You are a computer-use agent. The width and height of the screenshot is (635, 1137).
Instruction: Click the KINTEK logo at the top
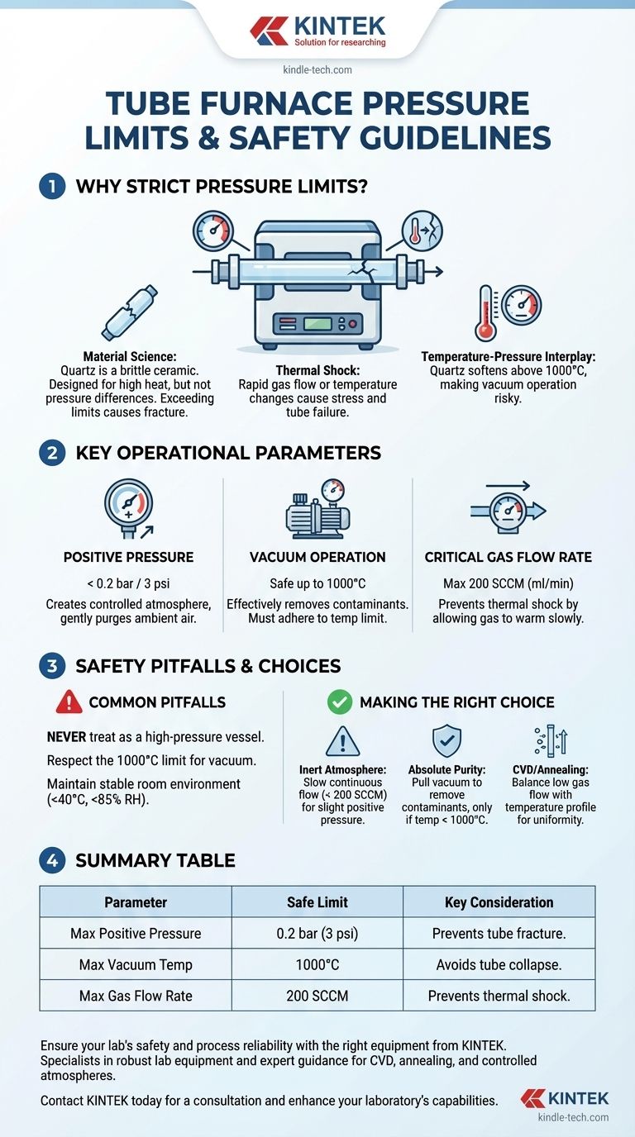(317, 31)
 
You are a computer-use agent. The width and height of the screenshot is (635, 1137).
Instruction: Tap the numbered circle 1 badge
(52, 186)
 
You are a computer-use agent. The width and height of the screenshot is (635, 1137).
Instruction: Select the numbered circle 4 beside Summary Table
(52, 860)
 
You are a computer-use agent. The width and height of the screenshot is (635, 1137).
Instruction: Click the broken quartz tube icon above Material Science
(130, 312)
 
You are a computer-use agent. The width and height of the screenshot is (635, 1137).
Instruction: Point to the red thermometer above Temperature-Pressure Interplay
(485, 312)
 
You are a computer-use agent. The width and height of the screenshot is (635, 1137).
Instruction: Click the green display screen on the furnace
(317, 324)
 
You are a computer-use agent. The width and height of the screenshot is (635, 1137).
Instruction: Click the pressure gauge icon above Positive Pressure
(129, 509)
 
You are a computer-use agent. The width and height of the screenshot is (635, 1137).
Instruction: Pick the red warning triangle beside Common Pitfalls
(69, 702)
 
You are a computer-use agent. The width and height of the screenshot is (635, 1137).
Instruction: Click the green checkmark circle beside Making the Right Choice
(339, 702)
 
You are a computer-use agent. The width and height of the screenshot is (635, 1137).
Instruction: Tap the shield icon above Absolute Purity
(446, 740)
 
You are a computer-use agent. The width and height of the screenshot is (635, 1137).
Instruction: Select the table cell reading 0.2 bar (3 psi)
(317, 934)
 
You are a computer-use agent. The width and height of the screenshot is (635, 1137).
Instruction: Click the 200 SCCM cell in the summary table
(317, 996)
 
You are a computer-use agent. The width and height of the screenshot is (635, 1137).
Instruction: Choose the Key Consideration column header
(499, 902)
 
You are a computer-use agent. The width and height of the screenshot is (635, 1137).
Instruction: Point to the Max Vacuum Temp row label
(136, 964)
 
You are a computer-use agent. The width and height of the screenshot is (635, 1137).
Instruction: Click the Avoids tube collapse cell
(499, 964)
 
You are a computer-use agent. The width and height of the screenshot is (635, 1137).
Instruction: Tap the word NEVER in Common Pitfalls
(66, 737)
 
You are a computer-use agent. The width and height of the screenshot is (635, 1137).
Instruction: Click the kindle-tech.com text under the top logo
(317, 69)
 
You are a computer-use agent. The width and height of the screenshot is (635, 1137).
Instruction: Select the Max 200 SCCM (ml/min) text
(508, 583)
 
